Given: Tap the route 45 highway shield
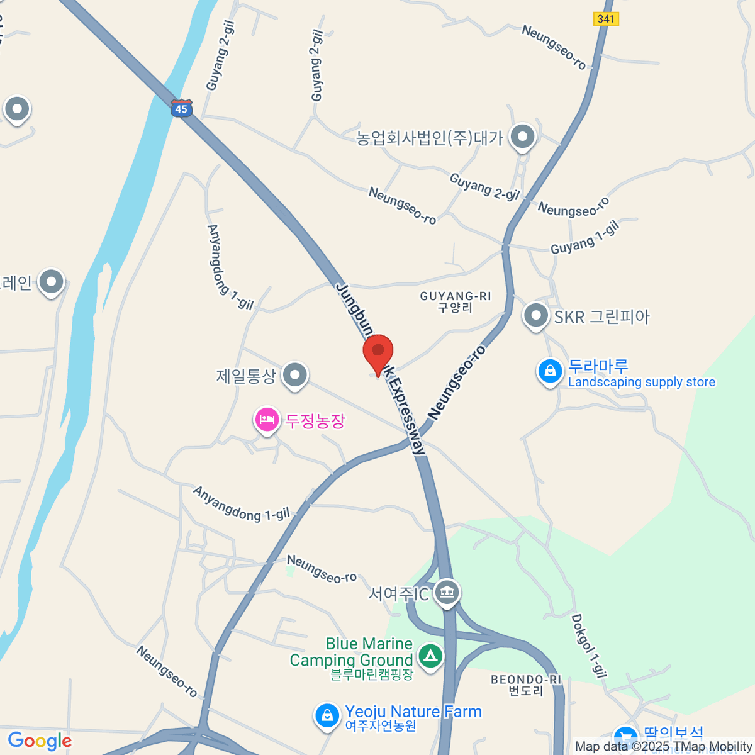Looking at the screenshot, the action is pos(181,108).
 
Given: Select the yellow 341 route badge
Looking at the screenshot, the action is pos(606,19).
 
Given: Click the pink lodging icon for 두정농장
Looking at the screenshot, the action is pos(267,419).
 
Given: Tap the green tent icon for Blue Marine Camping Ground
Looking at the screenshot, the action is pos(430,656).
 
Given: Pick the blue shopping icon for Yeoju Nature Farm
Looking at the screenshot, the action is pos(327,716).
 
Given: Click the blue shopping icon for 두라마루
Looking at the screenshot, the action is pos(550,371).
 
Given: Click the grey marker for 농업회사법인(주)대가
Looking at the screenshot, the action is pos(522,136).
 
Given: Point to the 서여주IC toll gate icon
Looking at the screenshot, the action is pos(447,592).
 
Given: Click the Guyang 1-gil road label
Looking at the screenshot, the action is pos(584,238).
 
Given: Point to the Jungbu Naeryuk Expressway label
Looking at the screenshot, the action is pos(381,368).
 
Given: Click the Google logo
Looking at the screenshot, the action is pos(40,741).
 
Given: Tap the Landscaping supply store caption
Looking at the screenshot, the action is pos(641,383).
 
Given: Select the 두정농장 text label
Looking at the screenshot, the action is pos(315,420).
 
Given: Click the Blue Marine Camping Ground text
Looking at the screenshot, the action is pos(351,652).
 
